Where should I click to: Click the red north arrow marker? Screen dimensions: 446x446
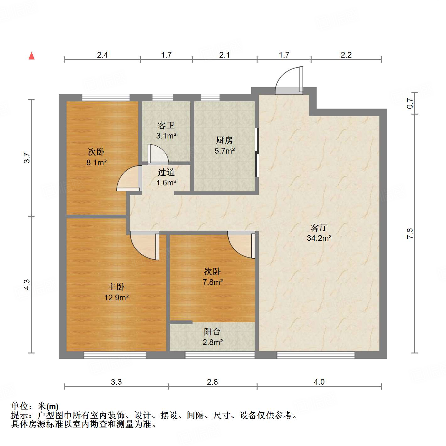click(31, 56)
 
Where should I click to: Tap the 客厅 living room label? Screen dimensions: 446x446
click(319, 228)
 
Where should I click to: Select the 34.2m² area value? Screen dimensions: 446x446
click(319, 238)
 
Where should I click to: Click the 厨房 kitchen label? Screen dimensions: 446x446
click(224, 140)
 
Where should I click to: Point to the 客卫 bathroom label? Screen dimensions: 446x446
click(166, 126)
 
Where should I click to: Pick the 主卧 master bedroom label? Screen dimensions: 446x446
click(116, 287)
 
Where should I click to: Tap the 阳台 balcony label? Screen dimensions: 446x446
click(212, 332)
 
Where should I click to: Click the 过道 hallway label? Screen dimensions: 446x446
click(166, 172)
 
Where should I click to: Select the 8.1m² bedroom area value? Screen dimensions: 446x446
click(96, 163)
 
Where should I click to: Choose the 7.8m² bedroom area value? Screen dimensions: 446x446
click(213, 282)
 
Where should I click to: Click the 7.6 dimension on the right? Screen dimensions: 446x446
click(410, 234)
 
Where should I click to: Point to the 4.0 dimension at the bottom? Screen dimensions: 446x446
click(319, 382)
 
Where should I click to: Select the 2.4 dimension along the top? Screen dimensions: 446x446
click(102, 55)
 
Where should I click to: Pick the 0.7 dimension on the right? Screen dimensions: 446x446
click(410, 103)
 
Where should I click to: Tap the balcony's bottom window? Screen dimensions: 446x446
click(220, 355)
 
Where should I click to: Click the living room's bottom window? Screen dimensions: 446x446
click(316, 355)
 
